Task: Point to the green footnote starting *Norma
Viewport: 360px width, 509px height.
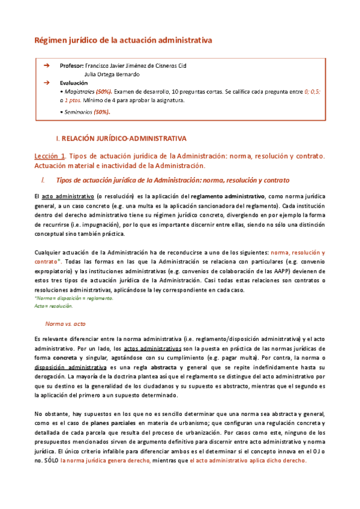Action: [x=73, y=298]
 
